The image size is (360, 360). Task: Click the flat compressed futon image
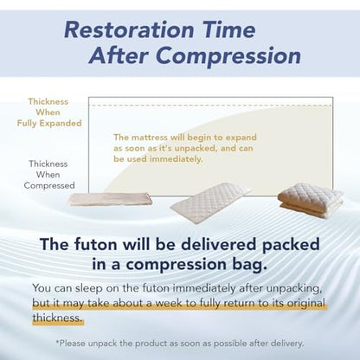click(111, 199)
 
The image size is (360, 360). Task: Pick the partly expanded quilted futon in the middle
click(210, 202)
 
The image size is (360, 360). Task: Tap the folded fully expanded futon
click(311, 199)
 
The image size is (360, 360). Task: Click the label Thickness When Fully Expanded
click(49, 112)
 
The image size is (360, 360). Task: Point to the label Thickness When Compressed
click(49, 175)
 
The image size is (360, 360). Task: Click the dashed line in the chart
click(211, 106)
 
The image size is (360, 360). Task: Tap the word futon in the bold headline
click(95, 244)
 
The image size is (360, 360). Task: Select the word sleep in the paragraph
click(88, 288)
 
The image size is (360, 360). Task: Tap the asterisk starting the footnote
click(58, 342)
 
